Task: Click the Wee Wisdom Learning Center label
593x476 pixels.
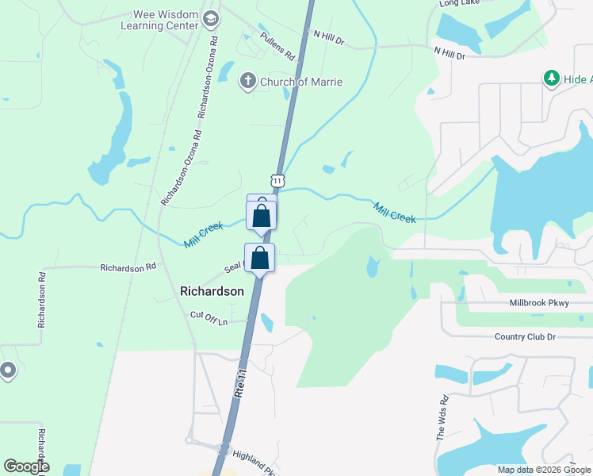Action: (159, 20)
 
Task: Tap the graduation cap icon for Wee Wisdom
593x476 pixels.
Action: (210, 18)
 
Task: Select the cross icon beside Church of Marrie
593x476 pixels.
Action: (247, 81)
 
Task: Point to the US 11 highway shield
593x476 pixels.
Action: (277, 180)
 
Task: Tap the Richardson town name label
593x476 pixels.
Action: (212, 291)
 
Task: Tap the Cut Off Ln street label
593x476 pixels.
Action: (209, 317)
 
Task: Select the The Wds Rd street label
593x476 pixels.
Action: (442, 418)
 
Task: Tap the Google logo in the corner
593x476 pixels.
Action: (26, 466)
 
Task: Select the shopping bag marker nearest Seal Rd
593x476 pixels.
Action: (259, 258)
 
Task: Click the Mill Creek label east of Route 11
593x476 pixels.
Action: (394, 213)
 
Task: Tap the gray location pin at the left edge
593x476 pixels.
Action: (8, 370)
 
